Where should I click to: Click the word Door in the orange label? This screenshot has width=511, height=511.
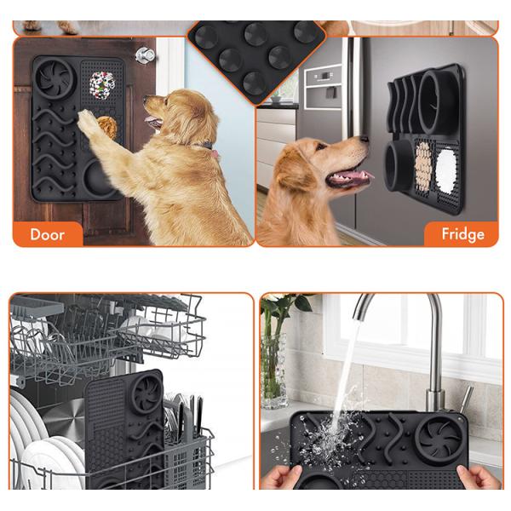pos(47,234)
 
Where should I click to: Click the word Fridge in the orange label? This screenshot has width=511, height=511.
pos(462,234)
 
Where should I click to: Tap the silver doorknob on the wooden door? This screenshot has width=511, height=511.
pos(145,55)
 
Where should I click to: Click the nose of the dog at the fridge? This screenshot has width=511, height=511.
pos(365,140)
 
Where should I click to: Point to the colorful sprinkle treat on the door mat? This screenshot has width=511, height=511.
pos(102,83)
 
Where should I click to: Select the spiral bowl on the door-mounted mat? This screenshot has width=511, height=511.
pos(55,78)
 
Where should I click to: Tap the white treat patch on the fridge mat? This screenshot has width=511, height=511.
pos(445,171)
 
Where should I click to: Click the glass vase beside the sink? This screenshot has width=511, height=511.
pos(273,370)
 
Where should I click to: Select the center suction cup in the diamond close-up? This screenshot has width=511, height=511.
pos(230,60)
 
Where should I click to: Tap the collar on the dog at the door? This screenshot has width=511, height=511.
pos(209,148)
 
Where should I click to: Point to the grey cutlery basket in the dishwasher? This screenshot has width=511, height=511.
pos(187,456)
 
